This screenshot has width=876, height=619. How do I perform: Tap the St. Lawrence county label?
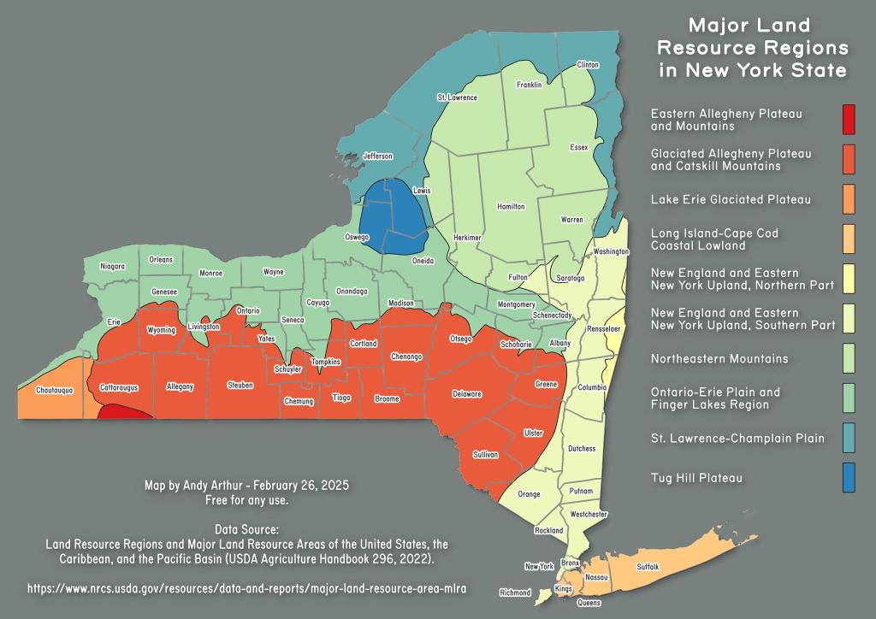(457, 97)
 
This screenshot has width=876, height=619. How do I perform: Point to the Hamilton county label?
(511, 207)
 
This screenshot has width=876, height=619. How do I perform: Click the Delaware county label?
(467, 394)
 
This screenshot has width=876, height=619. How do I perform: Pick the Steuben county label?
(240, 386)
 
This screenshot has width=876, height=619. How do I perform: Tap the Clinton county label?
(588, 65)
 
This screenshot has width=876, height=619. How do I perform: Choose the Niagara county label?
(112, 266)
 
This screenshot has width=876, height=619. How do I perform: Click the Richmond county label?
(515, 592)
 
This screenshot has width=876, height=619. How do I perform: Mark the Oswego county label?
(357, 237)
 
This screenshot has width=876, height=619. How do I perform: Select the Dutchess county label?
(581, 449)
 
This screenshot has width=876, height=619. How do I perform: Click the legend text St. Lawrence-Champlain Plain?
(737, 438)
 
